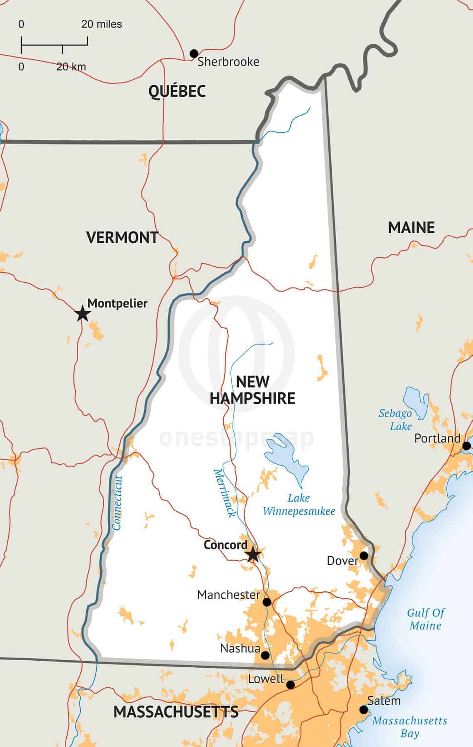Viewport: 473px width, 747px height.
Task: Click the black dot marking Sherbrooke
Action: point(194,54)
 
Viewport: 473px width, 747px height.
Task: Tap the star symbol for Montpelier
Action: point(82,314)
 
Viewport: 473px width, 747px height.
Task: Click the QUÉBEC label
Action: point(177,91)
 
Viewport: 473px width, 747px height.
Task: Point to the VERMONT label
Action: point(122,237)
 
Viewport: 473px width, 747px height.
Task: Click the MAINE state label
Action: point(411,227)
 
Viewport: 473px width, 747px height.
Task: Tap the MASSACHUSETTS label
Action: point(176,712)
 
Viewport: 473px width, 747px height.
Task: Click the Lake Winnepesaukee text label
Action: point(299,504)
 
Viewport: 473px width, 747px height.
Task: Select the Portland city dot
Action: point(466,446)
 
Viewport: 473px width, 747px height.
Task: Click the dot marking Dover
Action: point(364,555)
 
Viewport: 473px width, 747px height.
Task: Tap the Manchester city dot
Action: point(267,602)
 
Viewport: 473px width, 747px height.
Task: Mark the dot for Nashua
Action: point(265,655)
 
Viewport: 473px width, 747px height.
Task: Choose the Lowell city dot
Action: point(291,684)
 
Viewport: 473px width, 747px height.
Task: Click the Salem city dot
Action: point(364,710)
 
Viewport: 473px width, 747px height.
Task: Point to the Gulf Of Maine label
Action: point(426,619)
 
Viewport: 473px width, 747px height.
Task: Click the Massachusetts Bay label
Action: point(409,727)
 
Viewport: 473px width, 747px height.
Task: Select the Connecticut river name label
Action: point(118,503)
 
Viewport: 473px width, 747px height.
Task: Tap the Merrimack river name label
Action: point(224,493)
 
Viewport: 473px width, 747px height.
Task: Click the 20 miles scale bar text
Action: point(102,24)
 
